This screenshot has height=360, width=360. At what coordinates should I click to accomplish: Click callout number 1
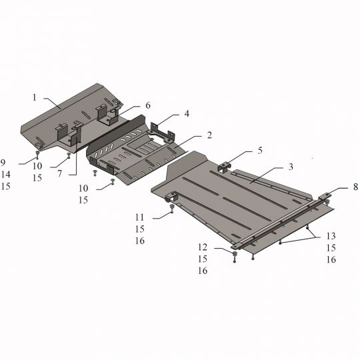[x=35, y=97]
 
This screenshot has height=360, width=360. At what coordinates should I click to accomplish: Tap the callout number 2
[x=209, y=135]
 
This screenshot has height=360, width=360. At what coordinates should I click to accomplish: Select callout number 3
[x=291, y=167]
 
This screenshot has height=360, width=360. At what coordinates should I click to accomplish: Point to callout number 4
[x=187, y=113]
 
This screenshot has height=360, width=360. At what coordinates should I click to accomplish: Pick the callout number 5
[x=260, y=151]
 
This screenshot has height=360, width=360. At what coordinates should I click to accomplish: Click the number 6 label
[x=148, y=105]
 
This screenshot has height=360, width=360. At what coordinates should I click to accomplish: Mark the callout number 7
[x=60, y=173]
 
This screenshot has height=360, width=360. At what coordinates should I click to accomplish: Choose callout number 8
[x=355, y=187]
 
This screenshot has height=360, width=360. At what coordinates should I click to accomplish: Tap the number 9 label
[x=3, y=163]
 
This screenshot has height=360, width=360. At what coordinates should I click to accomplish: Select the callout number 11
[x=139, y=217]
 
